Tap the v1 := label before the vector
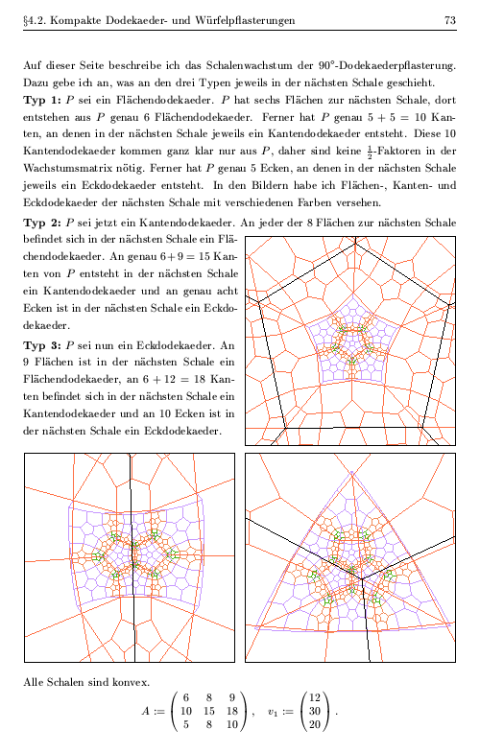click(x=279, y=711)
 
